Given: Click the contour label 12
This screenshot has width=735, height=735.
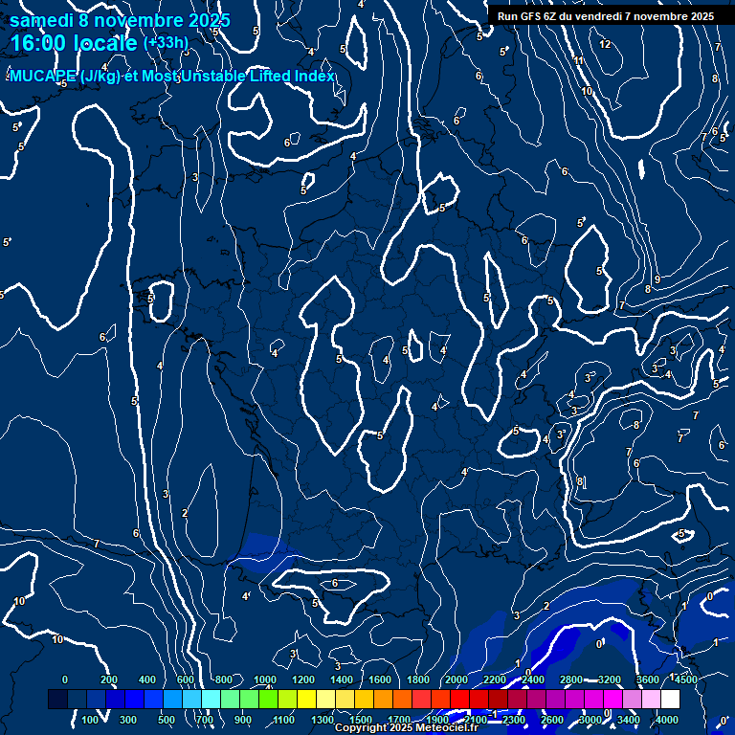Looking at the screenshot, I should (x=605, y=44).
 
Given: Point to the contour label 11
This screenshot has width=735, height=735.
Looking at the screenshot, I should (x=579, y=61).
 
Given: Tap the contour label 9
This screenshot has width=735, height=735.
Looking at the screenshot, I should (x=657, y=279).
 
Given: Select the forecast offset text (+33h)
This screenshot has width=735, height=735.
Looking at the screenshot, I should (x=166, y=43).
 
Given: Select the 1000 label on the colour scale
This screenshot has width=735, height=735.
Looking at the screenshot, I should (x=265, y=679).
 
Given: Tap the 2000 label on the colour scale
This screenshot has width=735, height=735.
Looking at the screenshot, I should (x=457, y=679).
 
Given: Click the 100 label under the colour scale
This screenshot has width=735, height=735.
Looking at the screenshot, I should (x=91, y=719).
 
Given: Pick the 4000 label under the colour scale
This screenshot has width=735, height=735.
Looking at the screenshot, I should (x=667, y=719).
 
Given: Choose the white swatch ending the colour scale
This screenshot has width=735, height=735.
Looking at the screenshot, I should (x=670, y=700).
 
